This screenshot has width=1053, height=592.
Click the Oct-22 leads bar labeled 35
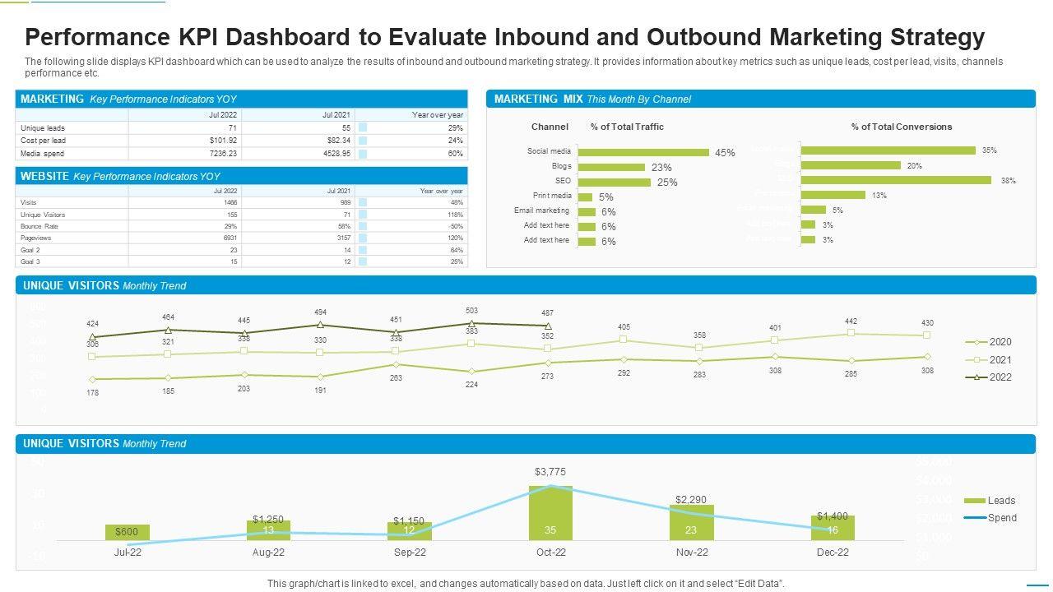tap(550, 513)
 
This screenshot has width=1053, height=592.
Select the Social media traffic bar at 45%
tap(643, 152)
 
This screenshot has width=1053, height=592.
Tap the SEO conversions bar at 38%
tap(896, 180)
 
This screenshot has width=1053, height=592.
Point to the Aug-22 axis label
tap(268, 553)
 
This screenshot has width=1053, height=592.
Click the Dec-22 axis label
tap(833, 553)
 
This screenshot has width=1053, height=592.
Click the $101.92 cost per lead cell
tap(223, 141)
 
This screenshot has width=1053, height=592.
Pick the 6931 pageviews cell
tap(230, 238)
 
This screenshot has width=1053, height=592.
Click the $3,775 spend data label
tap(550, 472)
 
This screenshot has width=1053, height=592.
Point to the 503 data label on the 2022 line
tap(471, 311)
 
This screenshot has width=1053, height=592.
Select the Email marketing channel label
tap(541, 210)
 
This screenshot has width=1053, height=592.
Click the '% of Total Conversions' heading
tap(901, 127)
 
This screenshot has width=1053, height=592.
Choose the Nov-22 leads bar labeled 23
tap(691, 523)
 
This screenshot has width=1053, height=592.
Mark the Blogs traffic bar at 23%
tap(611, 167)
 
